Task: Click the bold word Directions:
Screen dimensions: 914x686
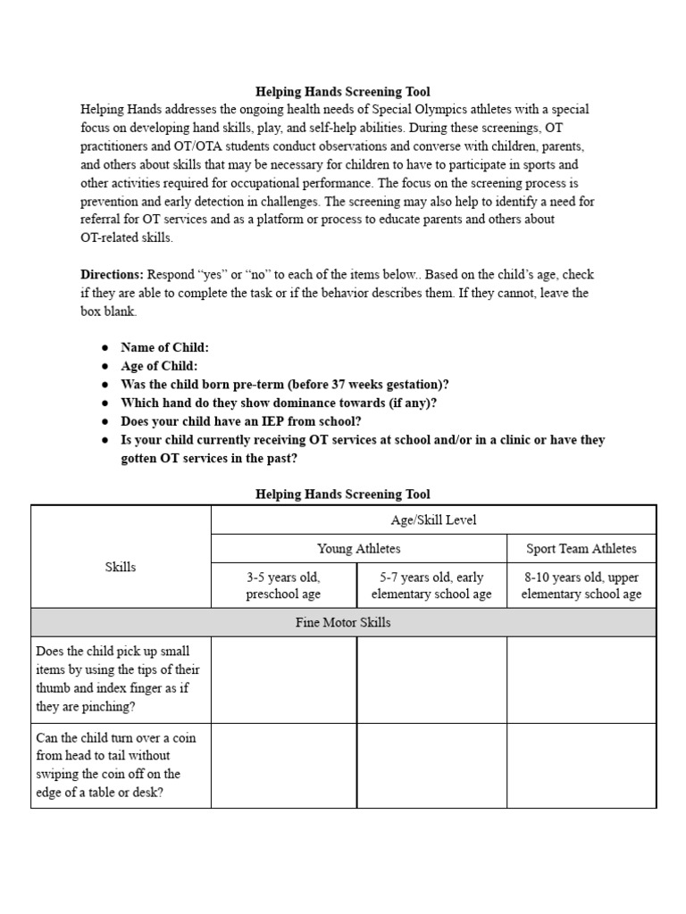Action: [x=113, y=275]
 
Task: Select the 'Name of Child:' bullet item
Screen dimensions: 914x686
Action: [x=164, y=347]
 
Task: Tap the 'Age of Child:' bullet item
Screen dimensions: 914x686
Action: [x=159, y=366]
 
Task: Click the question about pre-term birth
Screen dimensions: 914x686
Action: [x=284, y=385]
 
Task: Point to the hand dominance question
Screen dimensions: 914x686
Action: [x=279, y=403]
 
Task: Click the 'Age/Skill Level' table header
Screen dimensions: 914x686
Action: [x=433, y=519]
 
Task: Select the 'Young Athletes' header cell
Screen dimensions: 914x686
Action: [x=358, y=549]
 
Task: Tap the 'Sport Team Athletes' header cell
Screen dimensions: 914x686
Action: [x=581, y=549]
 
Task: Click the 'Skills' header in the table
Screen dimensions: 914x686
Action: [x=121, y=567]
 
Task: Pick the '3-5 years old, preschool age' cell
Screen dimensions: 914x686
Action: [x=283, y=586]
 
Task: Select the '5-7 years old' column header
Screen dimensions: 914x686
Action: [x=431, y=586]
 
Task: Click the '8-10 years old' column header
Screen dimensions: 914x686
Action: [x=581, y=586]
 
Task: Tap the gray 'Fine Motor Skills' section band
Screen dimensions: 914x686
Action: [x=343, y=622]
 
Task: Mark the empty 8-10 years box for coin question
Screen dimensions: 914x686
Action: [x=581, y=764]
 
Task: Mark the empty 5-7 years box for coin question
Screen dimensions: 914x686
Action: [x=431, y=764]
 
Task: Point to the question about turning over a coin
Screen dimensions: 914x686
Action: [x=115, y=765]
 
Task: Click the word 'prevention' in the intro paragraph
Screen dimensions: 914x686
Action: [x=113, y=202]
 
